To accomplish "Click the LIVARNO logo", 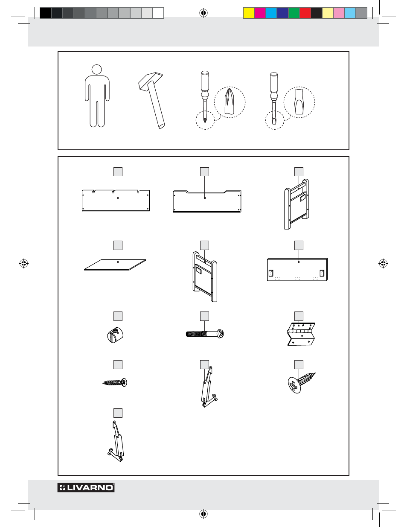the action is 86,487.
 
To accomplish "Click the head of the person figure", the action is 97,69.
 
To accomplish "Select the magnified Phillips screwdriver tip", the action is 230,102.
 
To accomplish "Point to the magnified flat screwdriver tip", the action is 299,102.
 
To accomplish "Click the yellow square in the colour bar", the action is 249,13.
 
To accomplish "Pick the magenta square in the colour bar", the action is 260,13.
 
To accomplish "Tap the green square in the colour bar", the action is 294,13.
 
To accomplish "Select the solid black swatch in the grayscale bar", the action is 46,13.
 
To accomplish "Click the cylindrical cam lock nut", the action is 115,335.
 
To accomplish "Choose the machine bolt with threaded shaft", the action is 205,334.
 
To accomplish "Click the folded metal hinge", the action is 301,334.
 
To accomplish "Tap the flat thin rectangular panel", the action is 115,265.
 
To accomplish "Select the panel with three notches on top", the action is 116,201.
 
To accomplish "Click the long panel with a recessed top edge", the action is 207,201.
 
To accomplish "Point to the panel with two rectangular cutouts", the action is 297,269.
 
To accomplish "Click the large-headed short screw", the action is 302,383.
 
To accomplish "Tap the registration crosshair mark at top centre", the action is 203,13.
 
